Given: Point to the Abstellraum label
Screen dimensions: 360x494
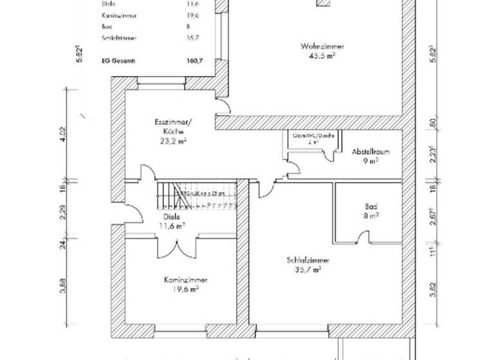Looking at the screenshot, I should tap(371, 153).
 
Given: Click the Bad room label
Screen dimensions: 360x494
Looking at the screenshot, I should tap(370, 208).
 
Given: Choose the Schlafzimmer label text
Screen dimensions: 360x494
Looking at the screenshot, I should tap(308, 260).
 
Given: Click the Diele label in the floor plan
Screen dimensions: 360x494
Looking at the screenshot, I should tap(171, 217).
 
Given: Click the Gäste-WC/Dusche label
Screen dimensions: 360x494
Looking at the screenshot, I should tap(312, 136).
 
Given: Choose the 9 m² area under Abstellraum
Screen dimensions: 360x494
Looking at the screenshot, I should tap(371, 162).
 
